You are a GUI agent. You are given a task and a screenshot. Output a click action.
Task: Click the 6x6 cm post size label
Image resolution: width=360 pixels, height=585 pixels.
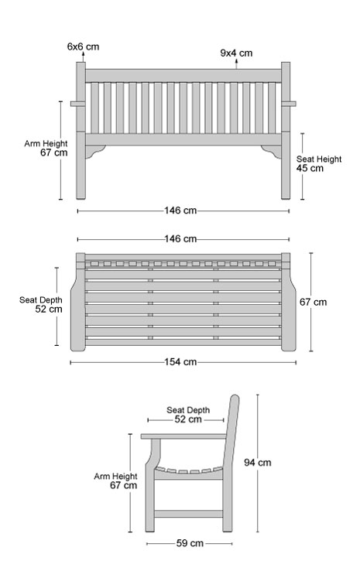pyautogui.click(x=84, y=46)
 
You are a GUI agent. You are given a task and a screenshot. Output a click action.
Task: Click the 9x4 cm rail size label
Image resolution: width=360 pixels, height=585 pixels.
pyautogui.click(x=236, y=53)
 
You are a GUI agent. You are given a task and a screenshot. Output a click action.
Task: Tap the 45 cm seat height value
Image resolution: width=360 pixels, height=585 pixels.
pyautogui.click(x=310, y=168)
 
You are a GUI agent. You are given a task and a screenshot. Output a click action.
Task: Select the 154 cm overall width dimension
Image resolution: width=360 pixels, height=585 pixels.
pyautogui.click(x=180, y=362)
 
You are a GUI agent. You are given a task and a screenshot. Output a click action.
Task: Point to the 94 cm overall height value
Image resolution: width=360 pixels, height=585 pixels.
pyautogui.click(x=258, y=463)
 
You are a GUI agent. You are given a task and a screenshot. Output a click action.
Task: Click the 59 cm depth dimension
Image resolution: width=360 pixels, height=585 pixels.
pyautogui.click(x=190, y=543)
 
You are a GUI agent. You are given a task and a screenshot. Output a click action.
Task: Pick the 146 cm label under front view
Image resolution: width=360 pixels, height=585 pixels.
pyautogui.click(x=180, y=210)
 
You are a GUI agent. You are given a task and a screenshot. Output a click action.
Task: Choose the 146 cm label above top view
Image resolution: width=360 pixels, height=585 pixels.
pyautogui.click(x=180, y=239)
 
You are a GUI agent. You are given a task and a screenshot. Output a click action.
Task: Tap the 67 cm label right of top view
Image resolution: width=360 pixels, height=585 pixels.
pyautogui.click(x=313, y=303)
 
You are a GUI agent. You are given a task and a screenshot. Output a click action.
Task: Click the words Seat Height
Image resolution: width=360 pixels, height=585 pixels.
pyautogui.click(x=319, y=159)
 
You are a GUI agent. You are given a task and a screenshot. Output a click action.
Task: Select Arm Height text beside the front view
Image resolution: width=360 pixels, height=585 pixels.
pyautogui.click(x=46, y=144)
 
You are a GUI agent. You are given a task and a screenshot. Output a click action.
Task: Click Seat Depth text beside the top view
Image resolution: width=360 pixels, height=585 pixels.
pyautogui.click(x=41, y=300)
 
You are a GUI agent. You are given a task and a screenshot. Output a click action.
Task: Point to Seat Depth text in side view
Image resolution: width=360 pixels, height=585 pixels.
pyautogui.click(x=188, y=410)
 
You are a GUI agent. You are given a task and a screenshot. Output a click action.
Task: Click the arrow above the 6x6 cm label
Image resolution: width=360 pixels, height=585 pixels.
pyautogui.click(x=83, y=56)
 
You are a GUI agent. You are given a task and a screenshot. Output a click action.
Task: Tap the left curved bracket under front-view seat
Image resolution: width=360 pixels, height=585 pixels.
pyautogui.click(x=94, y=151)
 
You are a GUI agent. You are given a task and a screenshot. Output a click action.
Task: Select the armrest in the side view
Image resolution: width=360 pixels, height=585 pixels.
pyautogui.click(x=183, y=436)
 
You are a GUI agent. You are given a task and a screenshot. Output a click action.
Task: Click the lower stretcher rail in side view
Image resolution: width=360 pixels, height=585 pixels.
pyautogui.click(x=189, y=514)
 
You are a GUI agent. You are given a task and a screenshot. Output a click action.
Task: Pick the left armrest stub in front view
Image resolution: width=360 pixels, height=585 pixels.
pyautogui.click(x=74, y=104)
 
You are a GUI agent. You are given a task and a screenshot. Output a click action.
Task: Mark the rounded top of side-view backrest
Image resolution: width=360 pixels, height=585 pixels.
pyautogui.click(x=235, y=398)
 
